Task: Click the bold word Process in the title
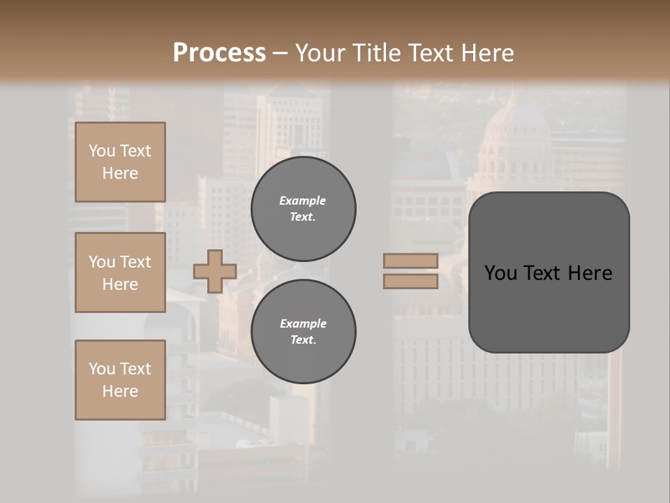[219, 53]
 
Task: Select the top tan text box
[120, 162]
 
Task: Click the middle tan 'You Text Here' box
[120, 272]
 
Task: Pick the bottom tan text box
[120, 379]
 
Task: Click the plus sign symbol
[215, 271]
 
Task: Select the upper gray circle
[303, 209]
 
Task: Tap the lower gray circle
[303, 331]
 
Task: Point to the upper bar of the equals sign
[410, 261]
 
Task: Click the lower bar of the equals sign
[410, 282]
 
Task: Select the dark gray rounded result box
[549, 272]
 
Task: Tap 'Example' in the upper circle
[303, 201]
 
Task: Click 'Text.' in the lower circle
[303, 340]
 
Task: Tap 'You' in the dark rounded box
[502, 273]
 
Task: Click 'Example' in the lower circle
[303, 323]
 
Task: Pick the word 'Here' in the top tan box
[120, 173]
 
